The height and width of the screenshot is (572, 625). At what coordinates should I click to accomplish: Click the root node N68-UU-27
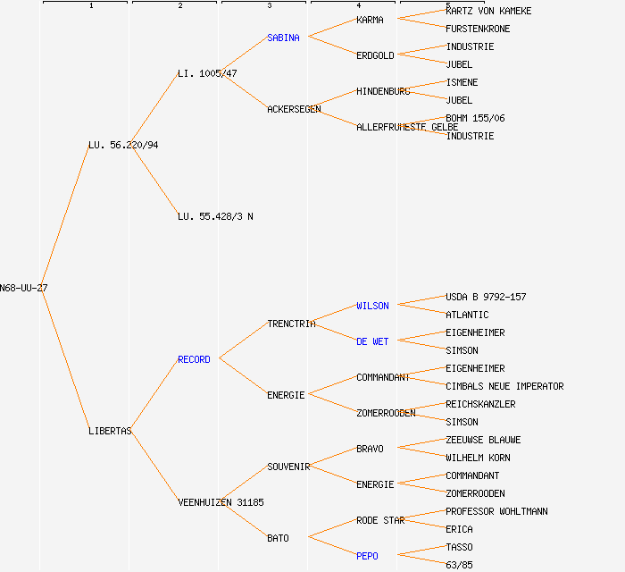pos(24,288)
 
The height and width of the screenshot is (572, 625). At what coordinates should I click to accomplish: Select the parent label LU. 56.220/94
pos(123,145)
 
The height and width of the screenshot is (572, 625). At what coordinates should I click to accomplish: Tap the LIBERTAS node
pos(110,431)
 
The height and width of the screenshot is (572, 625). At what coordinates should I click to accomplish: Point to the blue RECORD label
pos(194,359)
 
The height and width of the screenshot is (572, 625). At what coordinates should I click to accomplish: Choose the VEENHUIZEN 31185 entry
pos(221,502)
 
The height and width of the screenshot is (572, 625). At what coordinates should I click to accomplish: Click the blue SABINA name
pos(284,38)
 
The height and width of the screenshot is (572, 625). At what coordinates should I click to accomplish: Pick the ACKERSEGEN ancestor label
pos(294,109)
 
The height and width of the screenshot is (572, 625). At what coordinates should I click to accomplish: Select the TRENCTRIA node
pos(291,324)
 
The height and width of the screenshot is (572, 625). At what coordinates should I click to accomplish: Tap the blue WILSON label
pos(372,306)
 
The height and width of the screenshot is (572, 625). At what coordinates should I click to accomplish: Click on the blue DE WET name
pos(372,341)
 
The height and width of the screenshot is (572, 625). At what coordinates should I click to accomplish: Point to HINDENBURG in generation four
pos(383,91)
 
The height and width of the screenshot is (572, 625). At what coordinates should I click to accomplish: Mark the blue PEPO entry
pos(367,556)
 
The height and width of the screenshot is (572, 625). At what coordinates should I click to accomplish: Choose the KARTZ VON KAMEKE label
pos(488,11)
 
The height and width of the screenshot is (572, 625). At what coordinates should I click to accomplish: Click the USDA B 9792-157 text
pos(486,297)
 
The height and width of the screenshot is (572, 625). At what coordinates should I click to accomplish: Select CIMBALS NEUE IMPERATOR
pos(504,386)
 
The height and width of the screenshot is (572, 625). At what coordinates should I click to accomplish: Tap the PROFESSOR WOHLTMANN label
pos(496,511)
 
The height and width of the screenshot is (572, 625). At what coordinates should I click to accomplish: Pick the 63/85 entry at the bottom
pos(459,565)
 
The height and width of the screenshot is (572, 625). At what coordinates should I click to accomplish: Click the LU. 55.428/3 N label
pos(215,216)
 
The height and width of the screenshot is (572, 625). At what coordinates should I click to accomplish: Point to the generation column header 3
pos(269,5)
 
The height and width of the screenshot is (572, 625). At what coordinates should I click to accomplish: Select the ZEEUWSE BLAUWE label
pos(483,440)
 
